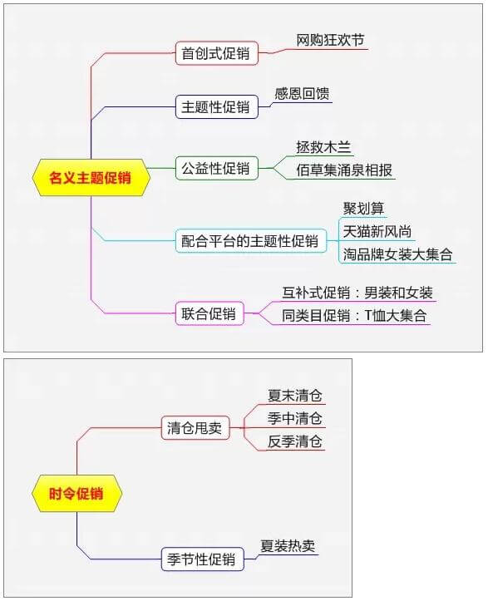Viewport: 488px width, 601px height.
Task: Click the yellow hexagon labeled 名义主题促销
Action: pyautogui.click(x=91, y=178)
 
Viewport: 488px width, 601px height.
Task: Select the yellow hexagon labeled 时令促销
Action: pyautogui.click(x=76, y=493)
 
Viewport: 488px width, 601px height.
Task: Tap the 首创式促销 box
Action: pyautogui.click(x=217, y=53)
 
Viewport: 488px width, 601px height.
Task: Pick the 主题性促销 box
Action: pyautogui.click(x=217, y=107)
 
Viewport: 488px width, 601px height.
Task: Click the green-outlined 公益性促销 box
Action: pyautogui.click(x=217, y=168)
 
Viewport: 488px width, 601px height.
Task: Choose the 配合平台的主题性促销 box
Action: pyautogui.click(x=251, y=241)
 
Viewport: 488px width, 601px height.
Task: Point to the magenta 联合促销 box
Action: pyautogui.click(x=209, y=313)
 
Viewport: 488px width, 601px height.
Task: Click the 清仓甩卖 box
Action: pyautogui.click(x=195, y=428)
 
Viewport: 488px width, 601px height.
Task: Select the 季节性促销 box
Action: pyautogui.click(x=202, y=559)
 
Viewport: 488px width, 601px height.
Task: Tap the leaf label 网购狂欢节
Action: pyautogui.click(x=330, y=40)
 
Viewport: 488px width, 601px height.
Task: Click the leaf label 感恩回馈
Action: pyautogui.click(x=302, y=94)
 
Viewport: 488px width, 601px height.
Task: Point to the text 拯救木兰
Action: pyautogui.click(x=323, y=148)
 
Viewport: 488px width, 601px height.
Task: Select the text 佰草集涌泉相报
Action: pyautogui.click(x=344, y=170)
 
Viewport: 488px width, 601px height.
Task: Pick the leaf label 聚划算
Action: pyautogui.click(x=363, y=209)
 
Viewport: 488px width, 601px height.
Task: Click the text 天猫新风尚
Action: pyautogui.click(x=377, y=232)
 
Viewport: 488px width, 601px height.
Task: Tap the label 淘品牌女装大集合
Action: pyautogui.click(x=397, y=254)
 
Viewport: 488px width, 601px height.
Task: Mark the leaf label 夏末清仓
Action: pyautogui.click(x=295, y=396)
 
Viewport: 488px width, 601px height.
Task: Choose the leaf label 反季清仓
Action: pyautogui.click(x=295, y=441)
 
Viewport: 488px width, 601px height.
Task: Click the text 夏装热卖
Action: pyautogui.click(x=288, y=546)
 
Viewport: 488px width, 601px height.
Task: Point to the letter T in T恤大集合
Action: pyautogui.click(x=368, y=315)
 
